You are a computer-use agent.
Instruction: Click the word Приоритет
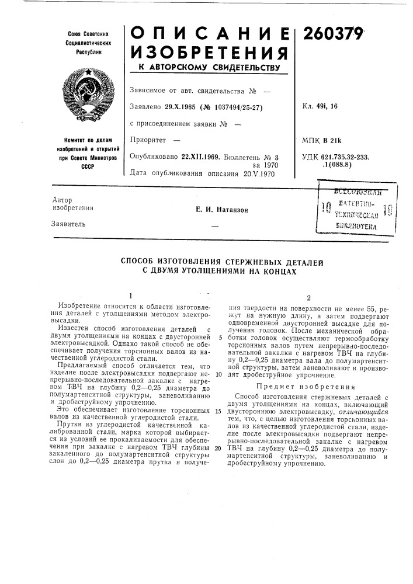click(x=150, y=140)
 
